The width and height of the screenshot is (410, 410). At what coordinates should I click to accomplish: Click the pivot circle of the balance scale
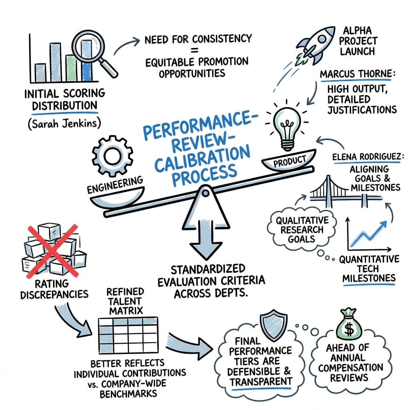click(x=205, y=193)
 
